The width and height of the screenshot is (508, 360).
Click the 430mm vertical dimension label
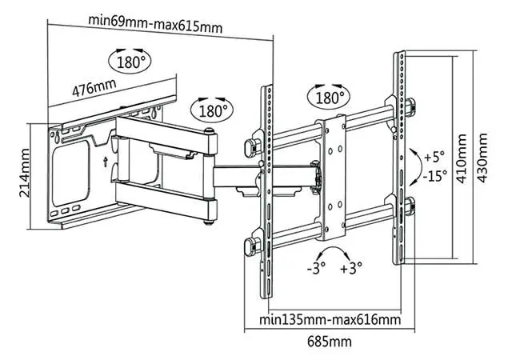point(482,158)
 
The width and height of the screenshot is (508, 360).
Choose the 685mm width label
point(329,342)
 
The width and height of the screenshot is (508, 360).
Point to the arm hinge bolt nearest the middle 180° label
point(209,132)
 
